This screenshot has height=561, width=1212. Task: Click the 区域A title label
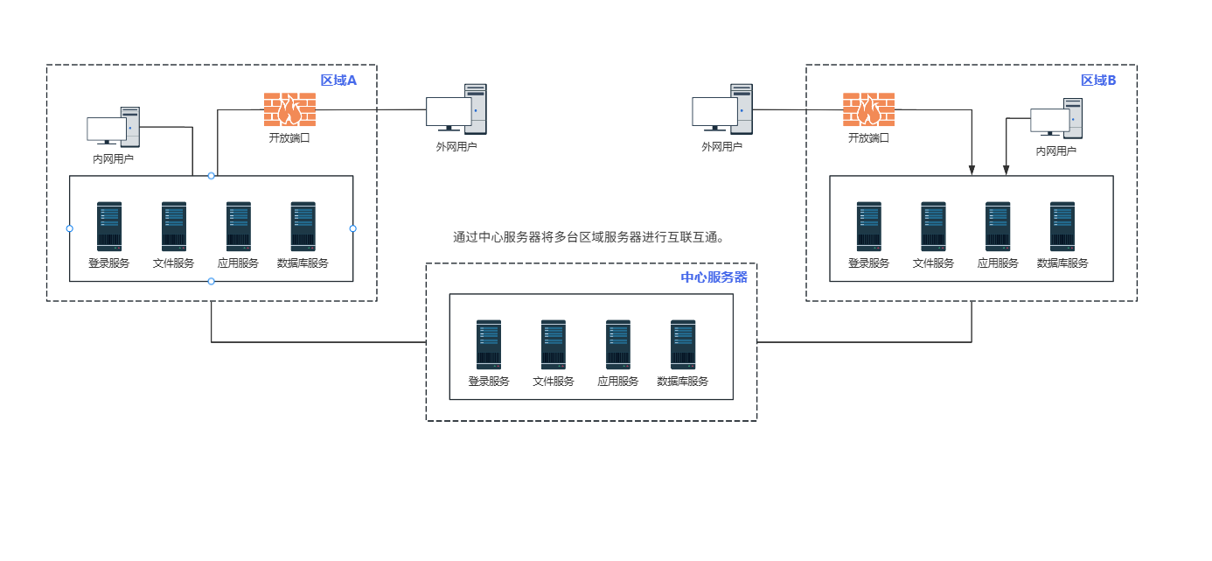339,81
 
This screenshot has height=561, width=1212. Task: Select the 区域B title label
1098,81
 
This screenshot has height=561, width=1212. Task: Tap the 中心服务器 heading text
714,277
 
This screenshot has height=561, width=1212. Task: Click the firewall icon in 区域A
289,109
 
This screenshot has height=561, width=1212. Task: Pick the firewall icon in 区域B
868,109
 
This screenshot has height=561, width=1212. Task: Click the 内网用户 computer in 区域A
114,127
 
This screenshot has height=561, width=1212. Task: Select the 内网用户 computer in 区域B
1056,119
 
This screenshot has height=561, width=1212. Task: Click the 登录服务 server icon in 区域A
109,227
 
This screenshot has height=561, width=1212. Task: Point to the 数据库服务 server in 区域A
303,227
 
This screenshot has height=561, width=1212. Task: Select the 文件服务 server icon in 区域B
933,227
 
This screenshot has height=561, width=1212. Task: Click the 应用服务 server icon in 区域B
998,227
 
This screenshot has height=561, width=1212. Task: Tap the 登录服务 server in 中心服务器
489,344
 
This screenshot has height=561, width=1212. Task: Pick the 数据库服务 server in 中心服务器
683,344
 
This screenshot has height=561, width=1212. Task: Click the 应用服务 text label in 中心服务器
618,382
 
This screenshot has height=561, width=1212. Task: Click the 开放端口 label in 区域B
868,137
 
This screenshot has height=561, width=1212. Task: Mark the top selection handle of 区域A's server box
211,176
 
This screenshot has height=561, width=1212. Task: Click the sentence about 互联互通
590,237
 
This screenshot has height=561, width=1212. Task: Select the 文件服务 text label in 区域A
173,263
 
